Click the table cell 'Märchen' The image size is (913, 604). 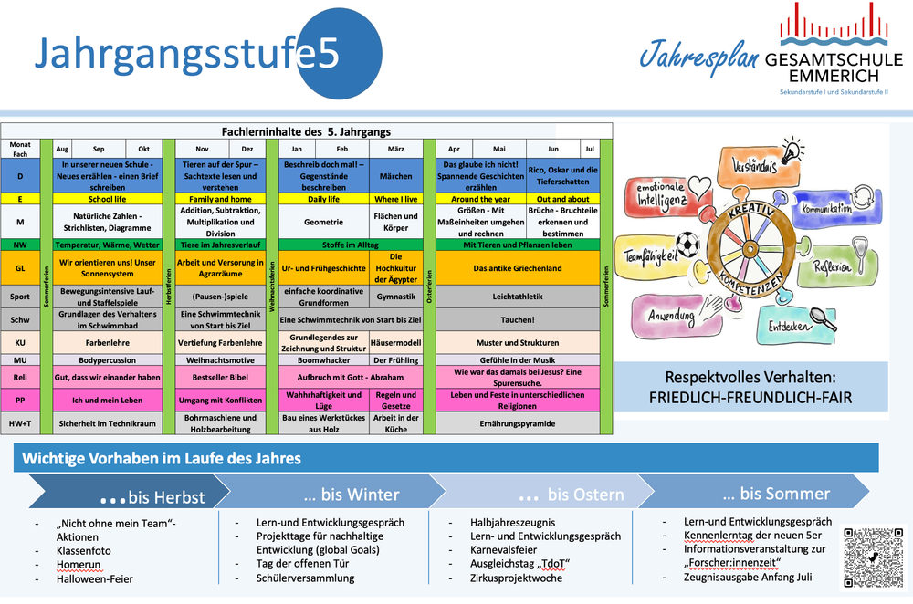(395, 176)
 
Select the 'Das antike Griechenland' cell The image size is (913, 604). (517, 268)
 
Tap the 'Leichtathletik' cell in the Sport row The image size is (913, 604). (517, 297)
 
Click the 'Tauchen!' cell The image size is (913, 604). (517, 320)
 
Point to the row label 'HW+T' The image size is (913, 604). (20, 423)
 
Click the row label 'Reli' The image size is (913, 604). (20, 377)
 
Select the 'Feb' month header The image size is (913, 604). (341, 148)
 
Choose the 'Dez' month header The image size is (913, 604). (247, 148)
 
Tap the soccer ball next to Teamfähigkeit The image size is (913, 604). (687, 245)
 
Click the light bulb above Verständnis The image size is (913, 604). (792, 149)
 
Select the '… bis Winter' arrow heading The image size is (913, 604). (351, 495)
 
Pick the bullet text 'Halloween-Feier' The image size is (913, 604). (94, 579)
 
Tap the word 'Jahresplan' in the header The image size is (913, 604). (698, 57)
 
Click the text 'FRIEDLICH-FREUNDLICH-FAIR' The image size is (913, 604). (750, 398)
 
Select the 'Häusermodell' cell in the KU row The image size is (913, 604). (395, 343)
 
